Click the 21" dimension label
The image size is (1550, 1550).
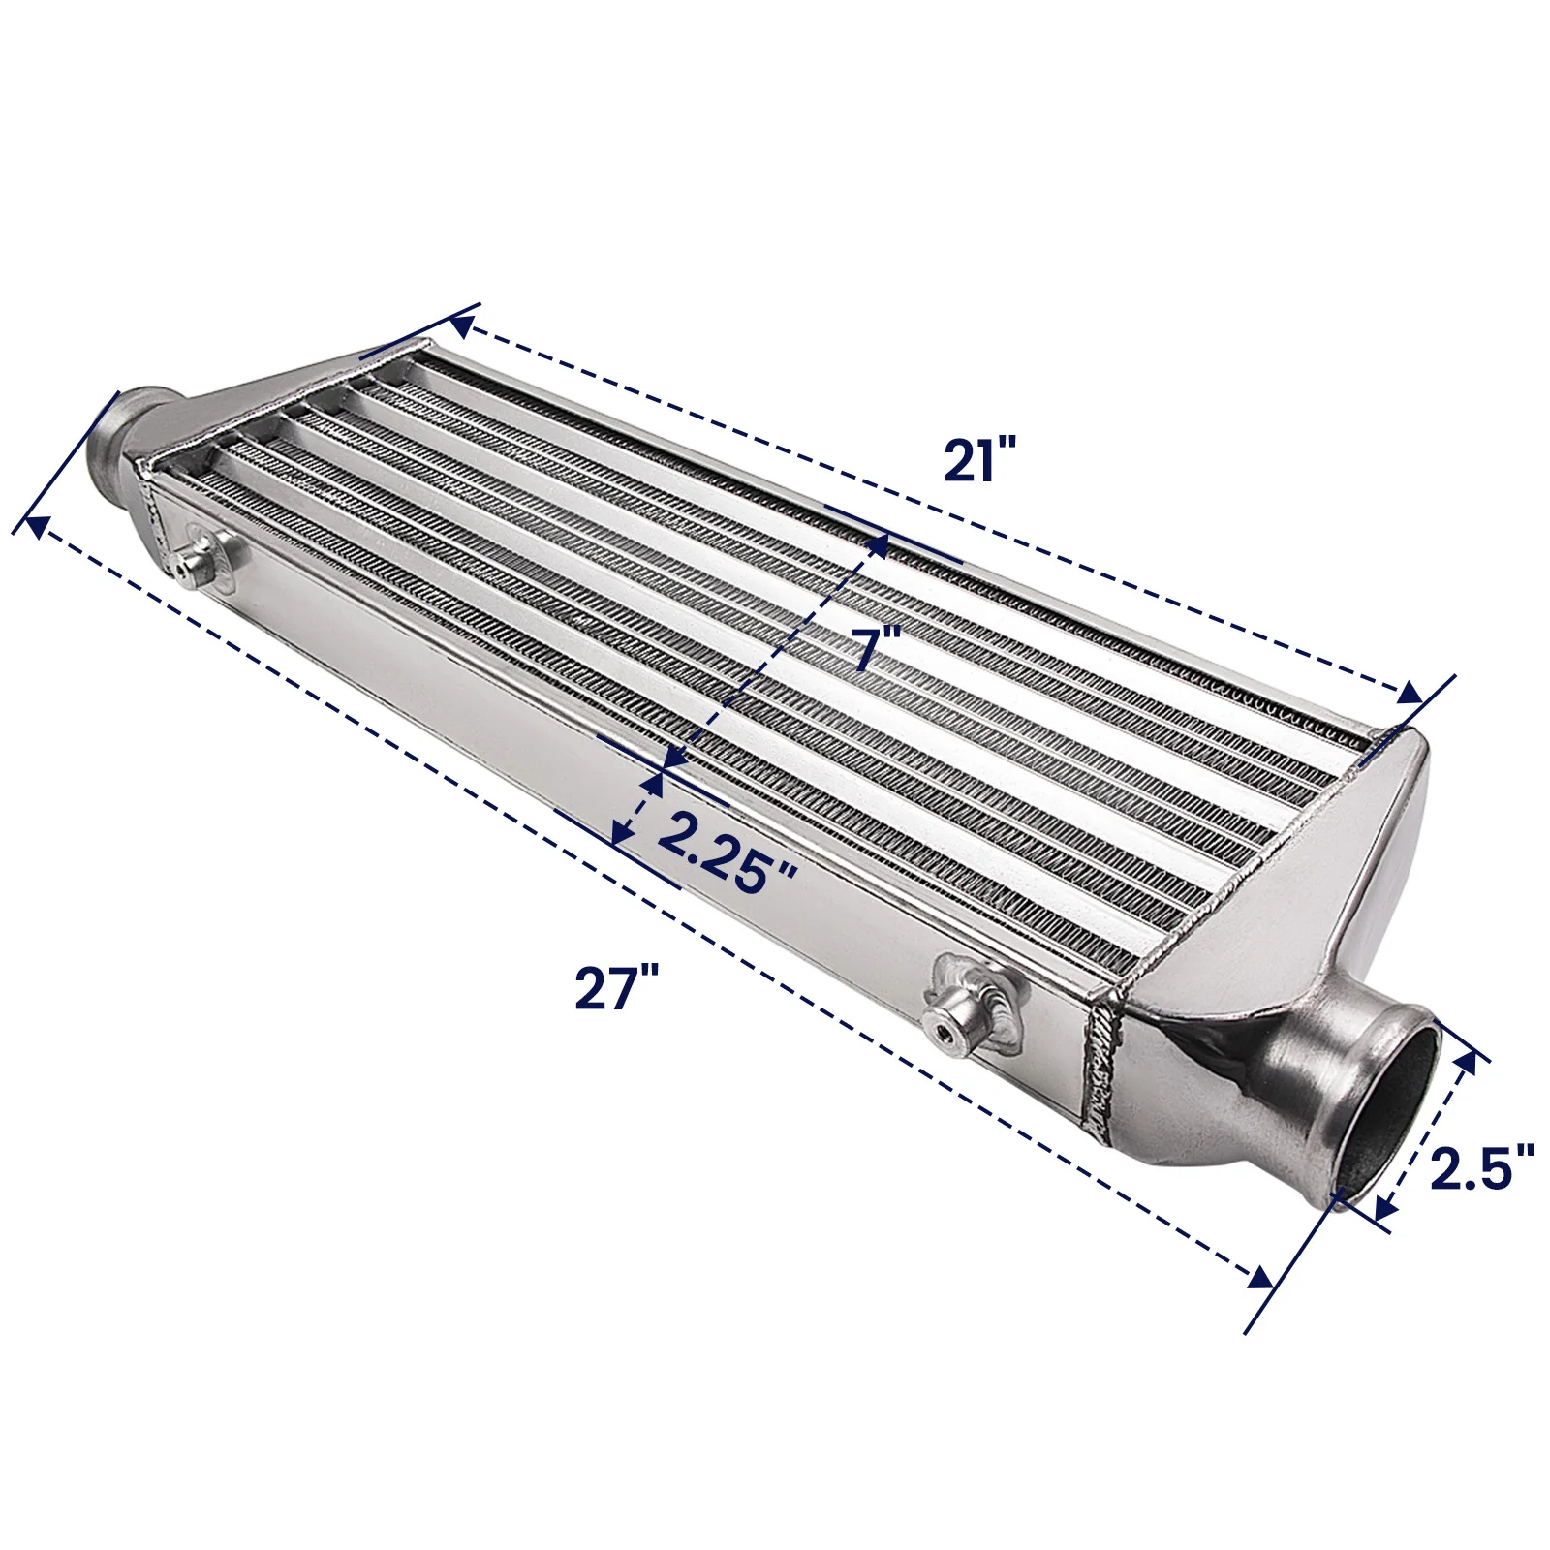coord(979,459)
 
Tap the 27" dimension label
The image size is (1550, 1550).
coord(616,988)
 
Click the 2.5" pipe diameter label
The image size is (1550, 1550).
coord(1481,1167)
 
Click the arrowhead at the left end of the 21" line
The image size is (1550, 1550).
coord(461,326)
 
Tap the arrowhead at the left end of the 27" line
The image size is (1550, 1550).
coord(37,526)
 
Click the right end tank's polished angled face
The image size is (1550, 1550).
coord(1288,901)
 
